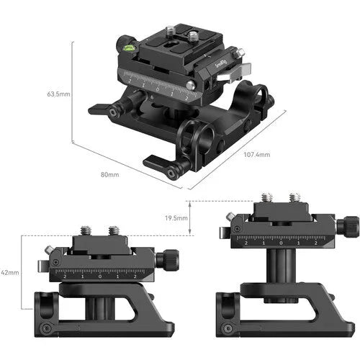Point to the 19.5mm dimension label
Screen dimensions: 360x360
176,217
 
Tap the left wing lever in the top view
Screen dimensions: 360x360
101,110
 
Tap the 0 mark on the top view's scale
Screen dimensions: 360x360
159,88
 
